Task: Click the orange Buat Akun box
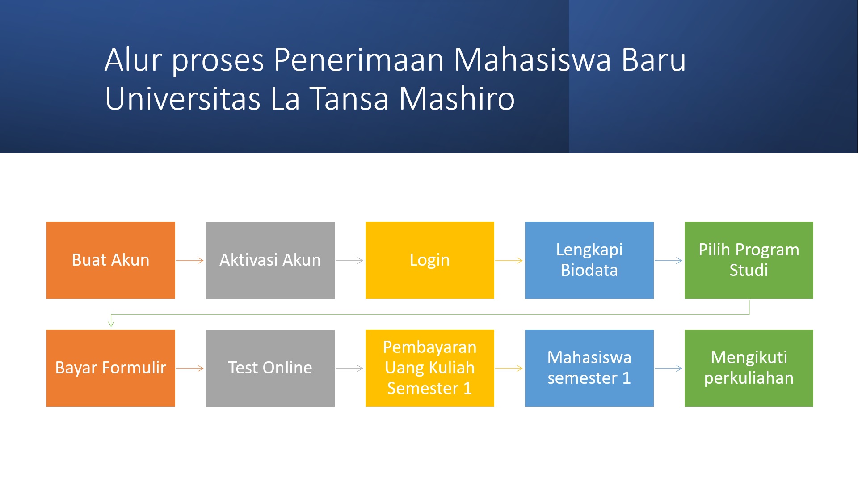click(x=111, y=260)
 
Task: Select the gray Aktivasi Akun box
click(x=270, y=260)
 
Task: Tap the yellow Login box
click(x=430, y=260)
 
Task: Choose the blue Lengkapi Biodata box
click(x=589, y=260)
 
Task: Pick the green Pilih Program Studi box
click(x=749, y=260)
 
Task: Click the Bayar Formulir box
click(x=111, y=368)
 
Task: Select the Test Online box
click(x=270, y=368)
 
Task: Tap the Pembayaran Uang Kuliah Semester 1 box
click(x=430, y=368)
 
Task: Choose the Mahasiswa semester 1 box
click(x=589, y=368)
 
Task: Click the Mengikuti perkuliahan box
click(x=749, y=368)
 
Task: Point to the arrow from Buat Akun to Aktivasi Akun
click(x=190, y=260)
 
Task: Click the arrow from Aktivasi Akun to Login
click(x=349, y=260)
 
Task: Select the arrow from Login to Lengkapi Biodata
click(x=509, y=260)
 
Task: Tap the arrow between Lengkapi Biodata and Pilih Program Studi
click(x=669, y=260)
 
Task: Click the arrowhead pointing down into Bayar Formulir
click(x=111, y=323)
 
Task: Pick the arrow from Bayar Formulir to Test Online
click(x=190, y=368)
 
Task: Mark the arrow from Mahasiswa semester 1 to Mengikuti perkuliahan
click(x=669, y=368)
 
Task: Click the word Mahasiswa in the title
click(x=532, y=59)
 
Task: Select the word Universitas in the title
click(x=183, y=98)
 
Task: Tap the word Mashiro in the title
click(x=457, y=98)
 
